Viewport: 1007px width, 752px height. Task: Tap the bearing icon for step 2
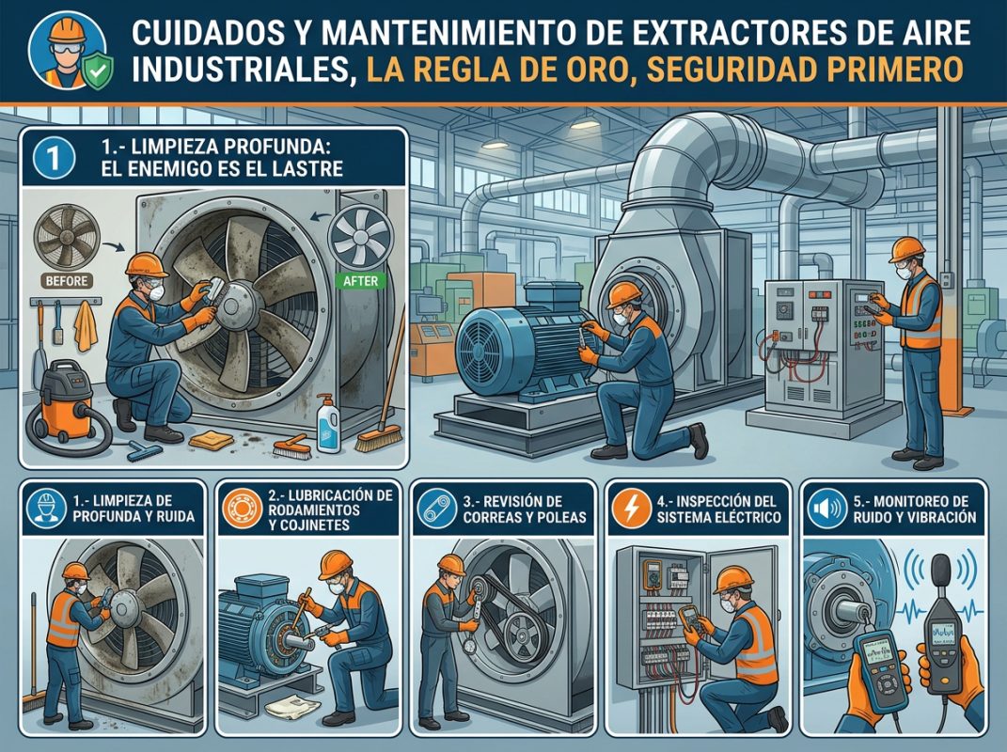(239, 509)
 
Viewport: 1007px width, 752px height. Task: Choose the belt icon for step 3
(434, 509)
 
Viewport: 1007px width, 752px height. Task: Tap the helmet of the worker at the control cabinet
(907, 248)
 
